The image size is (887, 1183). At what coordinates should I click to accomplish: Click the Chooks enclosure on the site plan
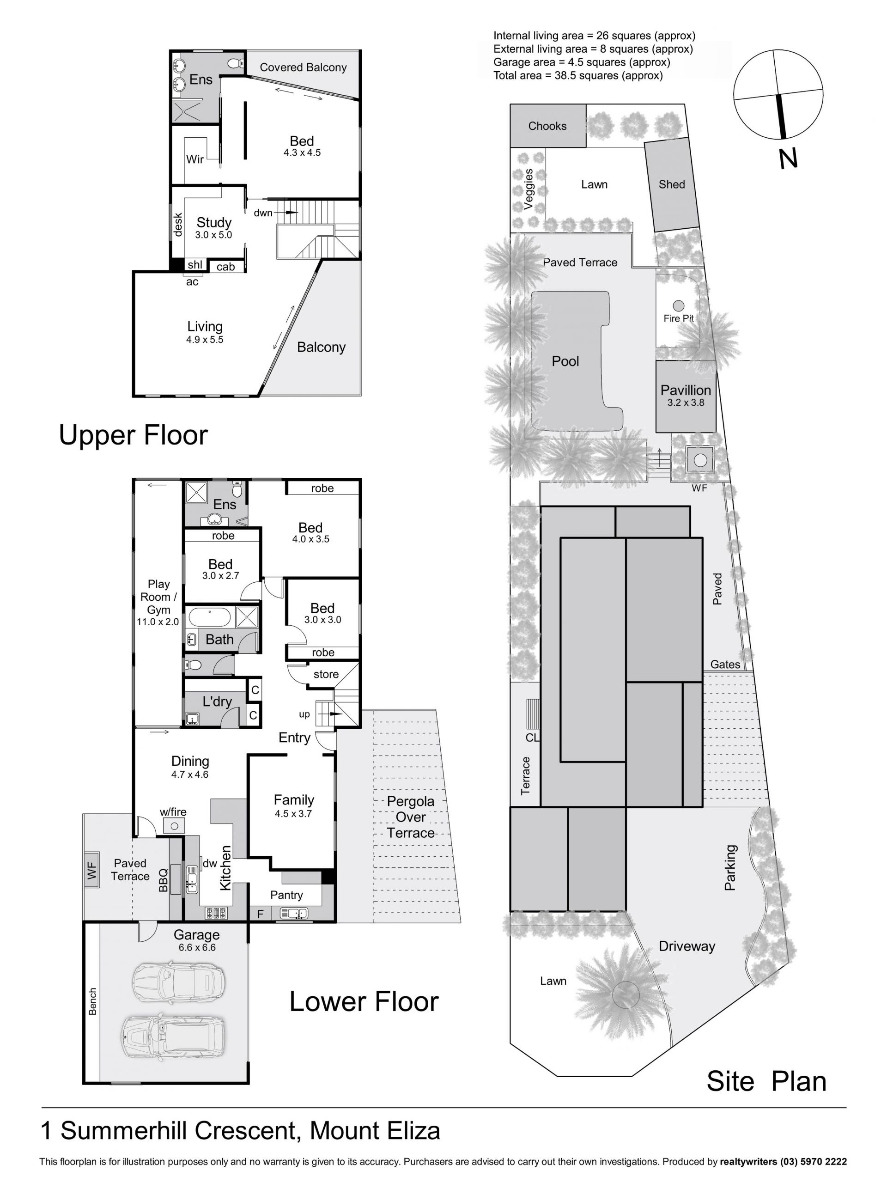547,126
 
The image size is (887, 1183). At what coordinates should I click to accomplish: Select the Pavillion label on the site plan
686,390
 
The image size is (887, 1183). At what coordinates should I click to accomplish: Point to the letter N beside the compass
788,159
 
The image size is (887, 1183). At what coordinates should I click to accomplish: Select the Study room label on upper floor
214,222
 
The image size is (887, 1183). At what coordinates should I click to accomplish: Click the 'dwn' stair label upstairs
262,213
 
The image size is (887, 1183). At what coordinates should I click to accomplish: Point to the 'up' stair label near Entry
304,714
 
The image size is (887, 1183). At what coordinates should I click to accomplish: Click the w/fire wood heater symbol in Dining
174,826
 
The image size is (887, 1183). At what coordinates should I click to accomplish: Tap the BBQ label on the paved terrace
163,880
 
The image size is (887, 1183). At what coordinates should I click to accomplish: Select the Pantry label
286,895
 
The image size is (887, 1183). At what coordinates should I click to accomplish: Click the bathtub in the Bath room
209,616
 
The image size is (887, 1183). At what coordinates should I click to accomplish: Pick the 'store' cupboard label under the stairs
326,674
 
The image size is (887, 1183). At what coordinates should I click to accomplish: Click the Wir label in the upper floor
194,159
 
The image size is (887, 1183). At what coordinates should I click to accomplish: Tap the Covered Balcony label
303,67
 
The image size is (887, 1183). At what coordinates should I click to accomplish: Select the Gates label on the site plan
725,664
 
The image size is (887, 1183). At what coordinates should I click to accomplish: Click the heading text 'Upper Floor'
133,435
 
